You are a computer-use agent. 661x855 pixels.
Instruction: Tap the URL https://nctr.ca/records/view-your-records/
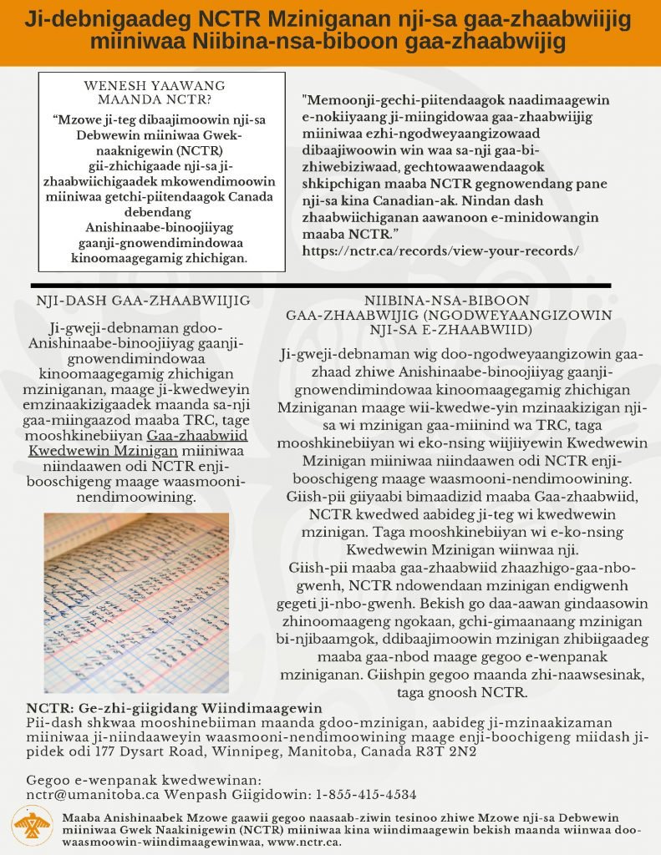pos(440,250)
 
